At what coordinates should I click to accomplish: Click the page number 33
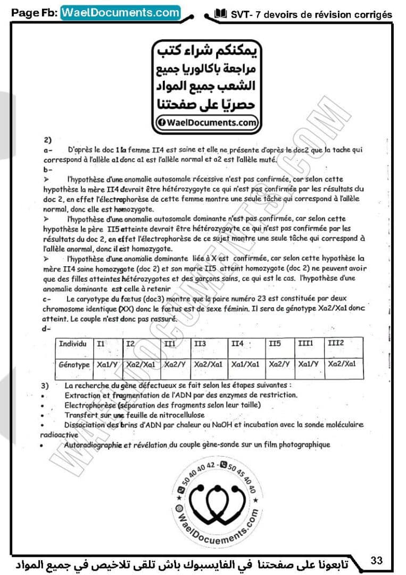pos(377,560)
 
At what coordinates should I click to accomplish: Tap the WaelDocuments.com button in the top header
pos(120,12)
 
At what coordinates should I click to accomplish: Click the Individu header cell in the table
pos(73,344)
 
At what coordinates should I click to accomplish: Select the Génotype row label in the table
pos(74,365)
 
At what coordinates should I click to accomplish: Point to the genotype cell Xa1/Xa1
pos(245,365)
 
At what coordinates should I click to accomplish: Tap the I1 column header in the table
pos(101,344)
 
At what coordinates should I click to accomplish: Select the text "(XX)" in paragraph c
pos(115,309)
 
